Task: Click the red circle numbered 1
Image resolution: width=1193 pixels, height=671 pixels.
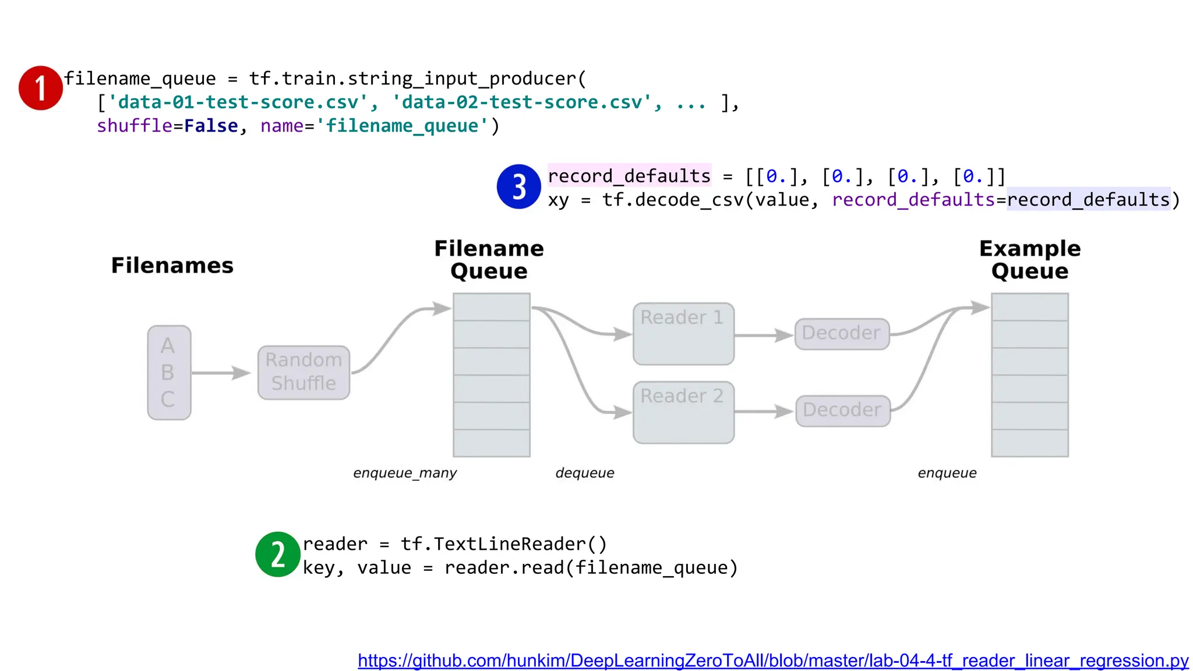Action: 40,88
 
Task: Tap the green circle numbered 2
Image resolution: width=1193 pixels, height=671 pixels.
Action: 278,554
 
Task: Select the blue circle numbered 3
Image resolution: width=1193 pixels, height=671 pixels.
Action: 518,187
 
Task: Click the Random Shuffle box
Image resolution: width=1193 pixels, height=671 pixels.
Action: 303,372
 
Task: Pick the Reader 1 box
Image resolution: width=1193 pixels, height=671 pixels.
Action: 683,334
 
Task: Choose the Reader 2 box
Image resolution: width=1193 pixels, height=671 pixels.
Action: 683,412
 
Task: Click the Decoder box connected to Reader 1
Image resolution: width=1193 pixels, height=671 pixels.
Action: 842,334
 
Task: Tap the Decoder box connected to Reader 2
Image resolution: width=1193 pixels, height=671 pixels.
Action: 842,411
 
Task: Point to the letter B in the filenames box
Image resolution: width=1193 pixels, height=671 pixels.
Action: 168,372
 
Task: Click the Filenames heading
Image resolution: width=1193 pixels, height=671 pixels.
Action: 172,266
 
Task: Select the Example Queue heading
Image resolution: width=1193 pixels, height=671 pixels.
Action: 1029,260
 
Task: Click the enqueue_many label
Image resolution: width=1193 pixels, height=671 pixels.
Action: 405,473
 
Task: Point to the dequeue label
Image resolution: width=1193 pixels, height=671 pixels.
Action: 585,473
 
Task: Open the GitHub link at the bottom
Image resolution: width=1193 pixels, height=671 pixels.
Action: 773,661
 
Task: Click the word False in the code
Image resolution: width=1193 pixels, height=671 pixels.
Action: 211,126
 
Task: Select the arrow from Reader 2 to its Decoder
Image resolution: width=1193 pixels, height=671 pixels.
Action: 764,412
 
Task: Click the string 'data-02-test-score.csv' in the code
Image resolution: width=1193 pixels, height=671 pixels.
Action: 522,103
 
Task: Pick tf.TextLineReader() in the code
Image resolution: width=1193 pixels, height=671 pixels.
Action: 504,544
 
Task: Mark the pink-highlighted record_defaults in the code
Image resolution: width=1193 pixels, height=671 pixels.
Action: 629,176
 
